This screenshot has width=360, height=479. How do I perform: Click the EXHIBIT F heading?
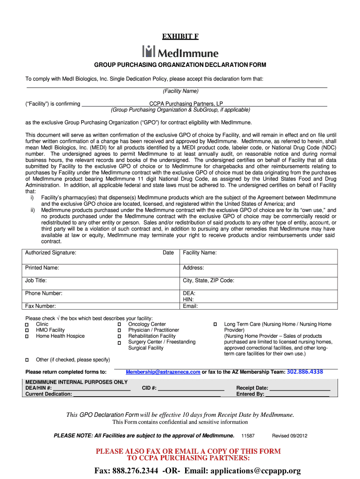180,36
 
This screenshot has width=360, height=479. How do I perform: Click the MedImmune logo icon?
148,51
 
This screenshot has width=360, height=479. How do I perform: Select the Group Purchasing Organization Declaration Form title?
180,65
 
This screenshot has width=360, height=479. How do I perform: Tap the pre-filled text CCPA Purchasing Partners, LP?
186,104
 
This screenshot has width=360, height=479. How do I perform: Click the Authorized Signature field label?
51,253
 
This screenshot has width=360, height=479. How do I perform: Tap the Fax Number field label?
41,306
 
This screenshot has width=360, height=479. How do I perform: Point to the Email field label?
190,306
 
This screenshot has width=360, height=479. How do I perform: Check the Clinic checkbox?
27,325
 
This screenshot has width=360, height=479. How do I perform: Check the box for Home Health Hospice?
27,336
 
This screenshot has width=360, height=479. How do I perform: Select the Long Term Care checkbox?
215,325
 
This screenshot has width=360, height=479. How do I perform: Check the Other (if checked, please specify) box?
27,360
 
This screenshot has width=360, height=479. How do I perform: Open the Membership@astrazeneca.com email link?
163,372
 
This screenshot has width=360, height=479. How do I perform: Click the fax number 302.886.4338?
305,372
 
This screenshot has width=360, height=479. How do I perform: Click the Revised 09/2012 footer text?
290,436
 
